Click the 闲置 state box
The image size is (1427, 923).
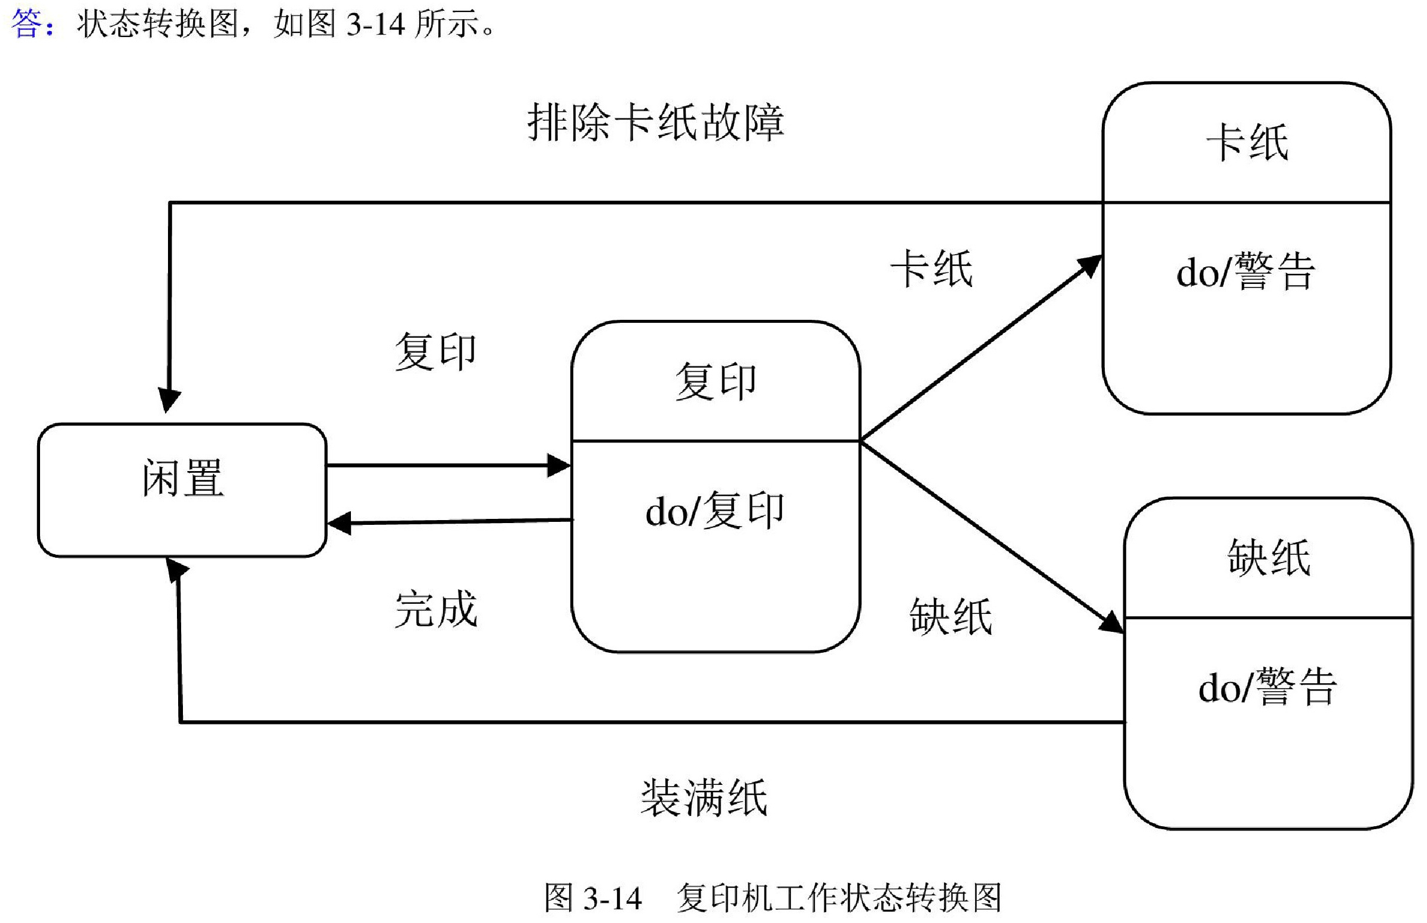[182, 490]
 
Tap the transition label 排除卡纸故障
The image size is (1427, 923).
[655, 123]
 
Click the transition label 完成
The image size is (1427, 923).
[436, 610]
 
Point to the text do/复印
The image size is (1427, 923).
[714, 511]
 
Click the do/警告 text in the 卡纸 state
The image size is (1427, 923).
[1245, 273]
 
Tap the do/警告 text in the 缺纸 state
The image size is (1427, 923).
[1267, 687]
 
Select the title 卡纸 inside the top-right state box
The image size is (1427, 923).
[1247, 143]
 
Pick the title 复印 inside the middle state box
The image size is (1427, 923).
[716, 382]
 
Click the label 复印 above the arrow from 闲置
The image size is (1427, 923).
[436, 352]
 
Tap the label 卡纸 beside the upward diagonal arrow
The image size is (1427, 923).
[931, 269]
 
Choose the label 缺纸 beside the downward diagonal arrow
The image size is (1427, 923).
[951, 617]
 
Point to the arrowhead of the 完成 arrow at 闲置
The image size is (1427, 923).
[339, 523]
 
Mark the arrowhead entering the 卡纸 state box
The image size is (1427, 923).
[1091, 264]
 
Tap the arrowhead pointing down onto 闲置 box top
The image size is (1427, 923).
[169, 400]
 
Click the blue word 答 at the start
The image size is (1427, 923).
[27, 25]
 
